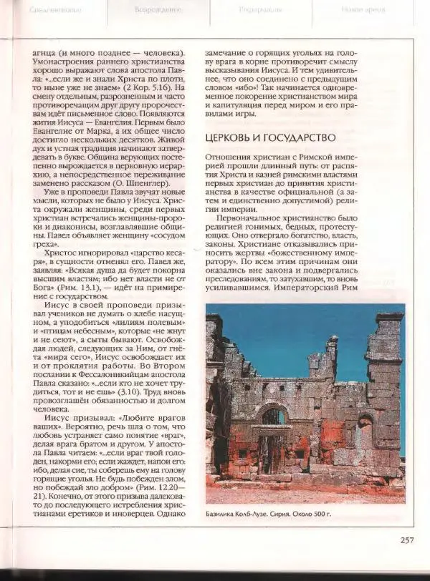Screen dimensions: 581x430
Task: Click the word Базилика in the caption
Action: click(x=224, y=514)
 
